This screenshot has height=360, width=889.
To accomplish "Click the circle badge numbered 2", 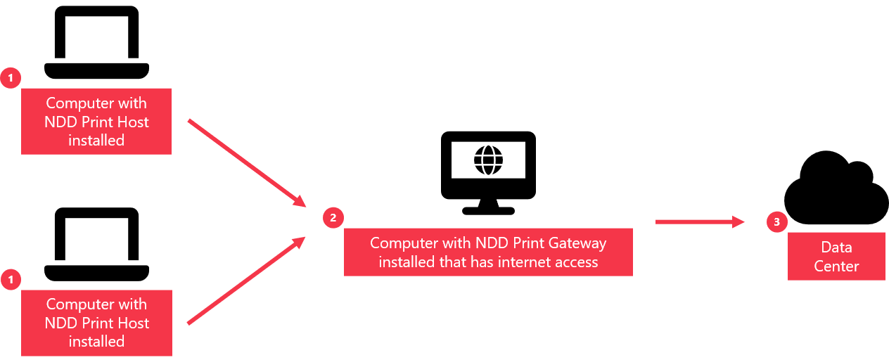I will coord(333,218).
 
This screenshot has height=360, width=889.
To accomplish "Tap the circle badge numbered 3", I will coord(776,222).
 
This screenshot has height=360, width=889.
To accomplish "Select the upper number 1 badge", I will coord(11,78).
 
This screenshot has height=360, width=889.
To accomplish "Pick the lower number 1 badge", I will coord(11,280).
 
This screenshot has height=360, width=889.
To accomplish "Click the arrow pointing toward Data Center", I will coord(699,222).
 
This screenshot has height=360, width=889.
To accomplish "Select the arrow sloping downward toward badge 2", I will coord(246,162).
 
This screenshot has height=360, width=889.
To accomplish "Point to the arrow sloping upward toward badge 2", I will coord(246,281).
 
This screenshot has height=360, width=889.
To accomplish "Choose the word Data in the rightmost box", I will coord(836,247).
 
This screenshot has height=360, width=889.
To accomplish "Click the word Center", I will coord(836,266).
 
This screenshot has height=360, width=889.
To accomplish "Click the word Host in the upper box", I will coord(133,122).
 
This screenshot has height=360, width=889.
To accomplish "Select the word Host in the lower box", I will coord(133,323).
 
